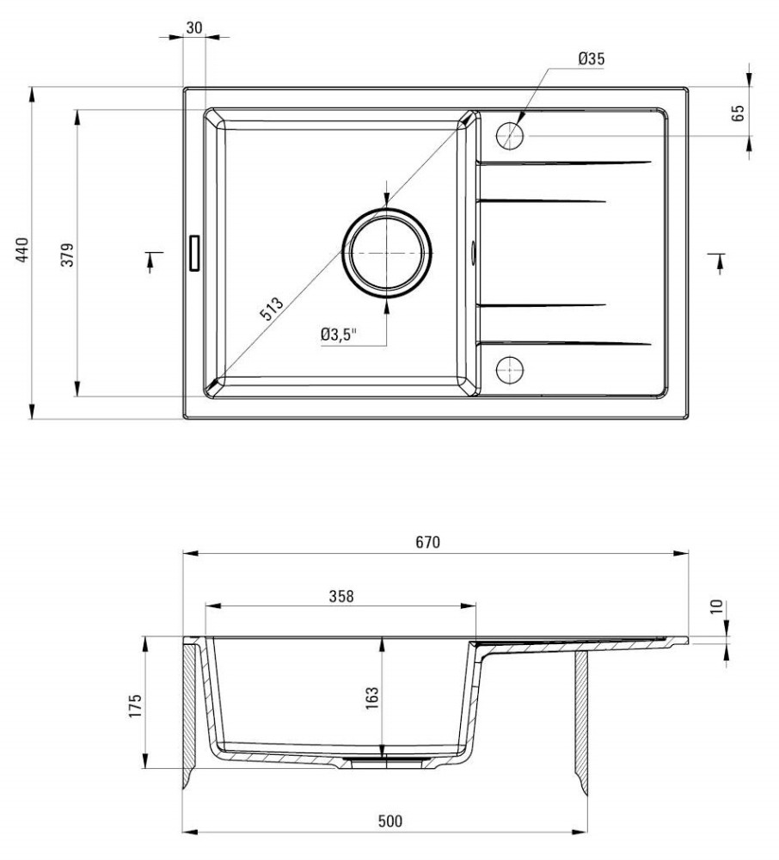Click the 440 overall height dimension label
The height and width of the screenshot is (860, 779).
(21, 249)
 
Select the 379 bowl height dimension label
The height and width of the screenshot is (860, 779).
(67, 255)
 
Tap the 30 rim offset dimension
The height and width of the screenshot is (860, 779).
(194, 28)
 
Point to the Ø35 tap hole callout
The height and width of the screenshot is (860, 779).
(592, 58)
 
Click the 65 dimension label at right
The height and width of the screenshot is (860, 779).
(738, 113)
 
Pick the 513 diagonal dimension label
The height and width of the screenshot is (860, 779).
(272, 308)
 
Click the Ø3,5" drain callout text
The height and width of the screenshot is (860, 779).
(338, 334)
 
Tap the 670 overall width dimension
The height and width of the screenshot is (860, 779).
(427, 542)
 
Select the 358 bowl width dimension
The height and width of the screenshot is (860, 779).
(341, 596)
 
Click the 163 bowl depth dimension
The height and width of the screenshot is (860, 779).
(371, 698)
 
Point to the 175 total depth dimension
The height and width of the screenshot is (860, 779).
(134, 706)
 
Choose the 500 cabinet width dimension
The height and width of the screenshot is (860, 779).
(389, 821)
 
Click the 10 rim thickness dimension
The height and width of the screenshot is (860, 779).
(716, 606)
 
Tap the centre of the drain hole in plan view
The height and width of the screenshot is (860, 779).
(386, 253)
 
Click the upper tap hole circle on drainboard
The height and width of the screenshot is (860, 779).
(510, 136)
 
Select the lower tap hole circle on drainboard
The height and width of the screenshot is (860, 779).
(510, 370)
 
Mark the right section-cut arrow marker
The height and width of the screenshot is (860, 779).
(718, 262)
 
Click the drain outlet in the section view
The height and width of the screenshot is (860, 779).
(386, 762)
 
